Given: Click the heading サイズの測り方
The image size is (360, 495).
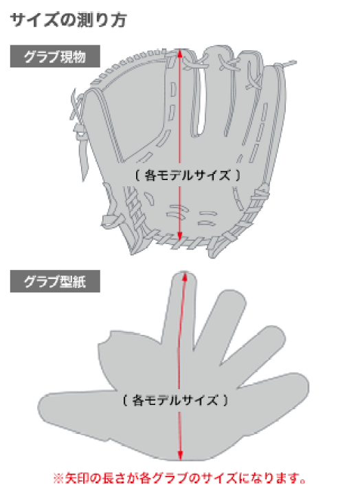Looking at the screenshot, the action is [68, 20].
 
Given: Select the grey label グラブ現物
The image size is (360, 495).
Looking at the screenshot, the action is [55, 56].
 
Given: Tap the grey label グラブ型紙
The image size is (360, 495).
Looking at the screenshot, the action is [55, 281].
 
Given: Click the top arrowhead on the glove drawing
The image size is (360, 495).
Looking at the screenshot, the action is [179, 52].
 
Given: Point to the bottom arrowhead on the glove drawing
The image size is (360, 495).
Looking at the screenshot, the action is [179, 236].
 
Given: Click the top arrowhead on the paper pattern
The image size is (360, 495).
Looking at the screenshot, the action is [185, 276].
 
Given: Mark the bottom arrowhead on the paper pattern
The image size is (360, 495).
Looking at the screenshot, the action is [180, 455].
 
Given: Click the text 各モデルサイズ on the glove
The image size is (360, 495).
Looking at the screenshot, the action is [188, 175].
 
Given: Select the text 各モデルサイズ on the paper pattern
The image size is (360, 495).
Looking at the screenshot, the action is [175, 400].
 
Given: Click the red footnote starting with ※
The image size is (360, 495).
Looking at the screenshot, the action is [180, 478].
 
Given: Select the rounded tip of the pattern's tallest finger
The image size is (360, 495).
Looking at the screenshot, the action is [185, 276].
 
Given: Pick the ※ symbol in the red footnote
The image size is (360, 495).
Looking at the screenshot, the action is [58, 478].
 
